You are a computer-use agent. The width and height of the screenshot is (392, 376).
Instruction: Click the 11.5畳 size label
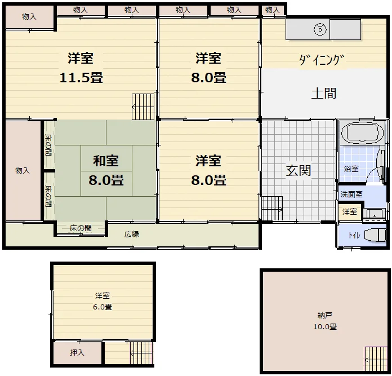click(x=81, y=78)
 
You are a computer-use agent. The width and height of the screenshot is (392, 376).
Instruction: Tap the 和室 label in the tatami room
click(x=106, y=161)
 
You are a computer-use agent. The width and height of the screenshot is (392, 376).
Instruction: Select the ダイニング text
click(x=322, y=60)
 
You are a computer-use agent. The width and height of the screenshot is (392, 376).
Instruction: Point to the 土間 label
click(x=324, y=94)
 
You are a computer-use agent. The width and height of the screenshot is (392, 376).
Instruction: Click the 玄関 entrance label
click(x=299, y=171)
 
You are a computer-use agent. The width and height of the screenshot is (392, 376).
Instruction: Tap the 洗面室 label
click(x=351, y=194)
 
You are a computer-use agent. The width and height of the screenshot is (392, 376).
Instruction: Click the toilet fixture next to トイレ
click(x=375, y=235)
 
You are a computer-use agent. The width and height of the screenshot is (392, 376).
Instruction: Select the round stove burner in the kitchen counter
click(x=320, y=30)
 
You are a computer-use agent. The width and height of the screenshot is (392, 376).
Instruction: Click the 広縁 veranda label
click(x=132, y=235)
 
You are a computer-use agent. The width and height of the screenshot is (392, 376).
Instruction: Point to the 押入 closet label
click(x=77, y=352)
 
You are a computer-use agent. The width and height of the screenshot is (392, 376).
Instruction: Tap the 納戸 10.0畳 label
click(x=325, y=321)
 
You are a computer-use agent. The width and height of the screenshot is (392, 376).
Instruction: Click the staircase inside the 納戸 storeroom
click(x=376, y=359)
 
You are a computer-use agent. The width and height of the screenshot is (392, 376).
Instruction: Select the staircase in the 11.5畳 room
click(x=143, y=107)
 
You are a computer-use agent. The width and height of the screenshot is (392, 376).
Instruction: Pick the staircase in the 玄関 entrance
click(x=272, y=208)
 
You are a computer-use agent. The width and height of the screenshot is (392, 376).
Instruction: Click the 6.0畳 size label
click(x=103, y=307)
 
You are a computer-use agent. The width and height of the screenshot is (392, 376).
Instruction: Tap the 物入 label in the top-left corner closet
click(x=29, y=16)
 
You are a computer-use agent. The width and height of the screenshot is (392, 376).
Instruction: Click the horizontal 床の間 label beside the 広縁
click(x=81, y=228)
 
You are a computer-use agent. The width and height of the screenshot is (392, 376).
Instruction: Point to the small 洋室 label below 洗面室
click(x=350, y=211)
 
